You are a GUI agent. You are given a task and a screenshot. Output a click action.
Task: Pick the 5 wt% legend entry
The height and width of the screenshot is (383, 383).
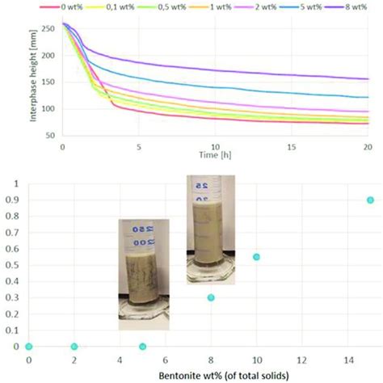pos(314,6)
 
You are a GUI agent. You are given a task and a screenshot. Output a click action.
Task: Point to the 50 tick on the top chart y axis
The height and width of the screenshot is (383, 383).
pos(51,137)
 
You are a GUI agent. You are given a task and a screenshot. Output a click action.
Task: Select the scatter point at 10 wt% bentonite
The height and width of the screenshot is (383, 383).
pos(256,257)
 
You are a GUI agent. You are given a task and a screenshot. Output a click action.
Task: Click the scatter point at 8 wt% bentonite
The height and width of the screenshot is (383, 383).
pos(211,297)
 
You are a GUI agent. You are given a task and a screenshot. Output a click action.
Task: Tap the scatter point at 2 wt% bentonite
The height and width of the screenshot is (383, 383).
pos(74,347)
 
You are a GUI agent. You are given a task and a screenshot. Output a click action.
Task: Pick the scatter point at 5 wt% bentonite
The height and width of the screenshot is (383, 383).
pos(142,347)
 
